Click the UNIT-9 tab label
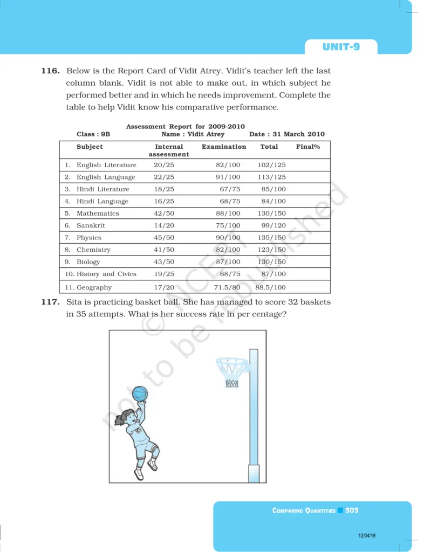tap(341, 47)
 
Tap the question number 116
tap(51, 71)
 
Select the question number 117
tap(51, 302)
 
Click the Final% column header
tap(308, 147)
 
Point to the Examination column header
tap(224, 147)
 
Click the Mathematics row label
tap(98, 213)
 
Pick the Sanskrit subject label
tap(91, 225)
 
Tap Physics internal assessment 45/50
tap(164, 238)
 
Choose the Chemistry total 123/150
tap(272, 250)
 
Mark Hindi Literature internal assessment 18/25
tap(164, 189)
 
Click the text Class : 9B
tap(93, 134)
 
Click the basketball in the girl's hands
tap(140, 393)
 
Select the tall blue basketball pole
tap(254, 410)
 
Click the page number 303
tap(352, 510)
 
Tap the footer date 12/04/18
tap(367, 536)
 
